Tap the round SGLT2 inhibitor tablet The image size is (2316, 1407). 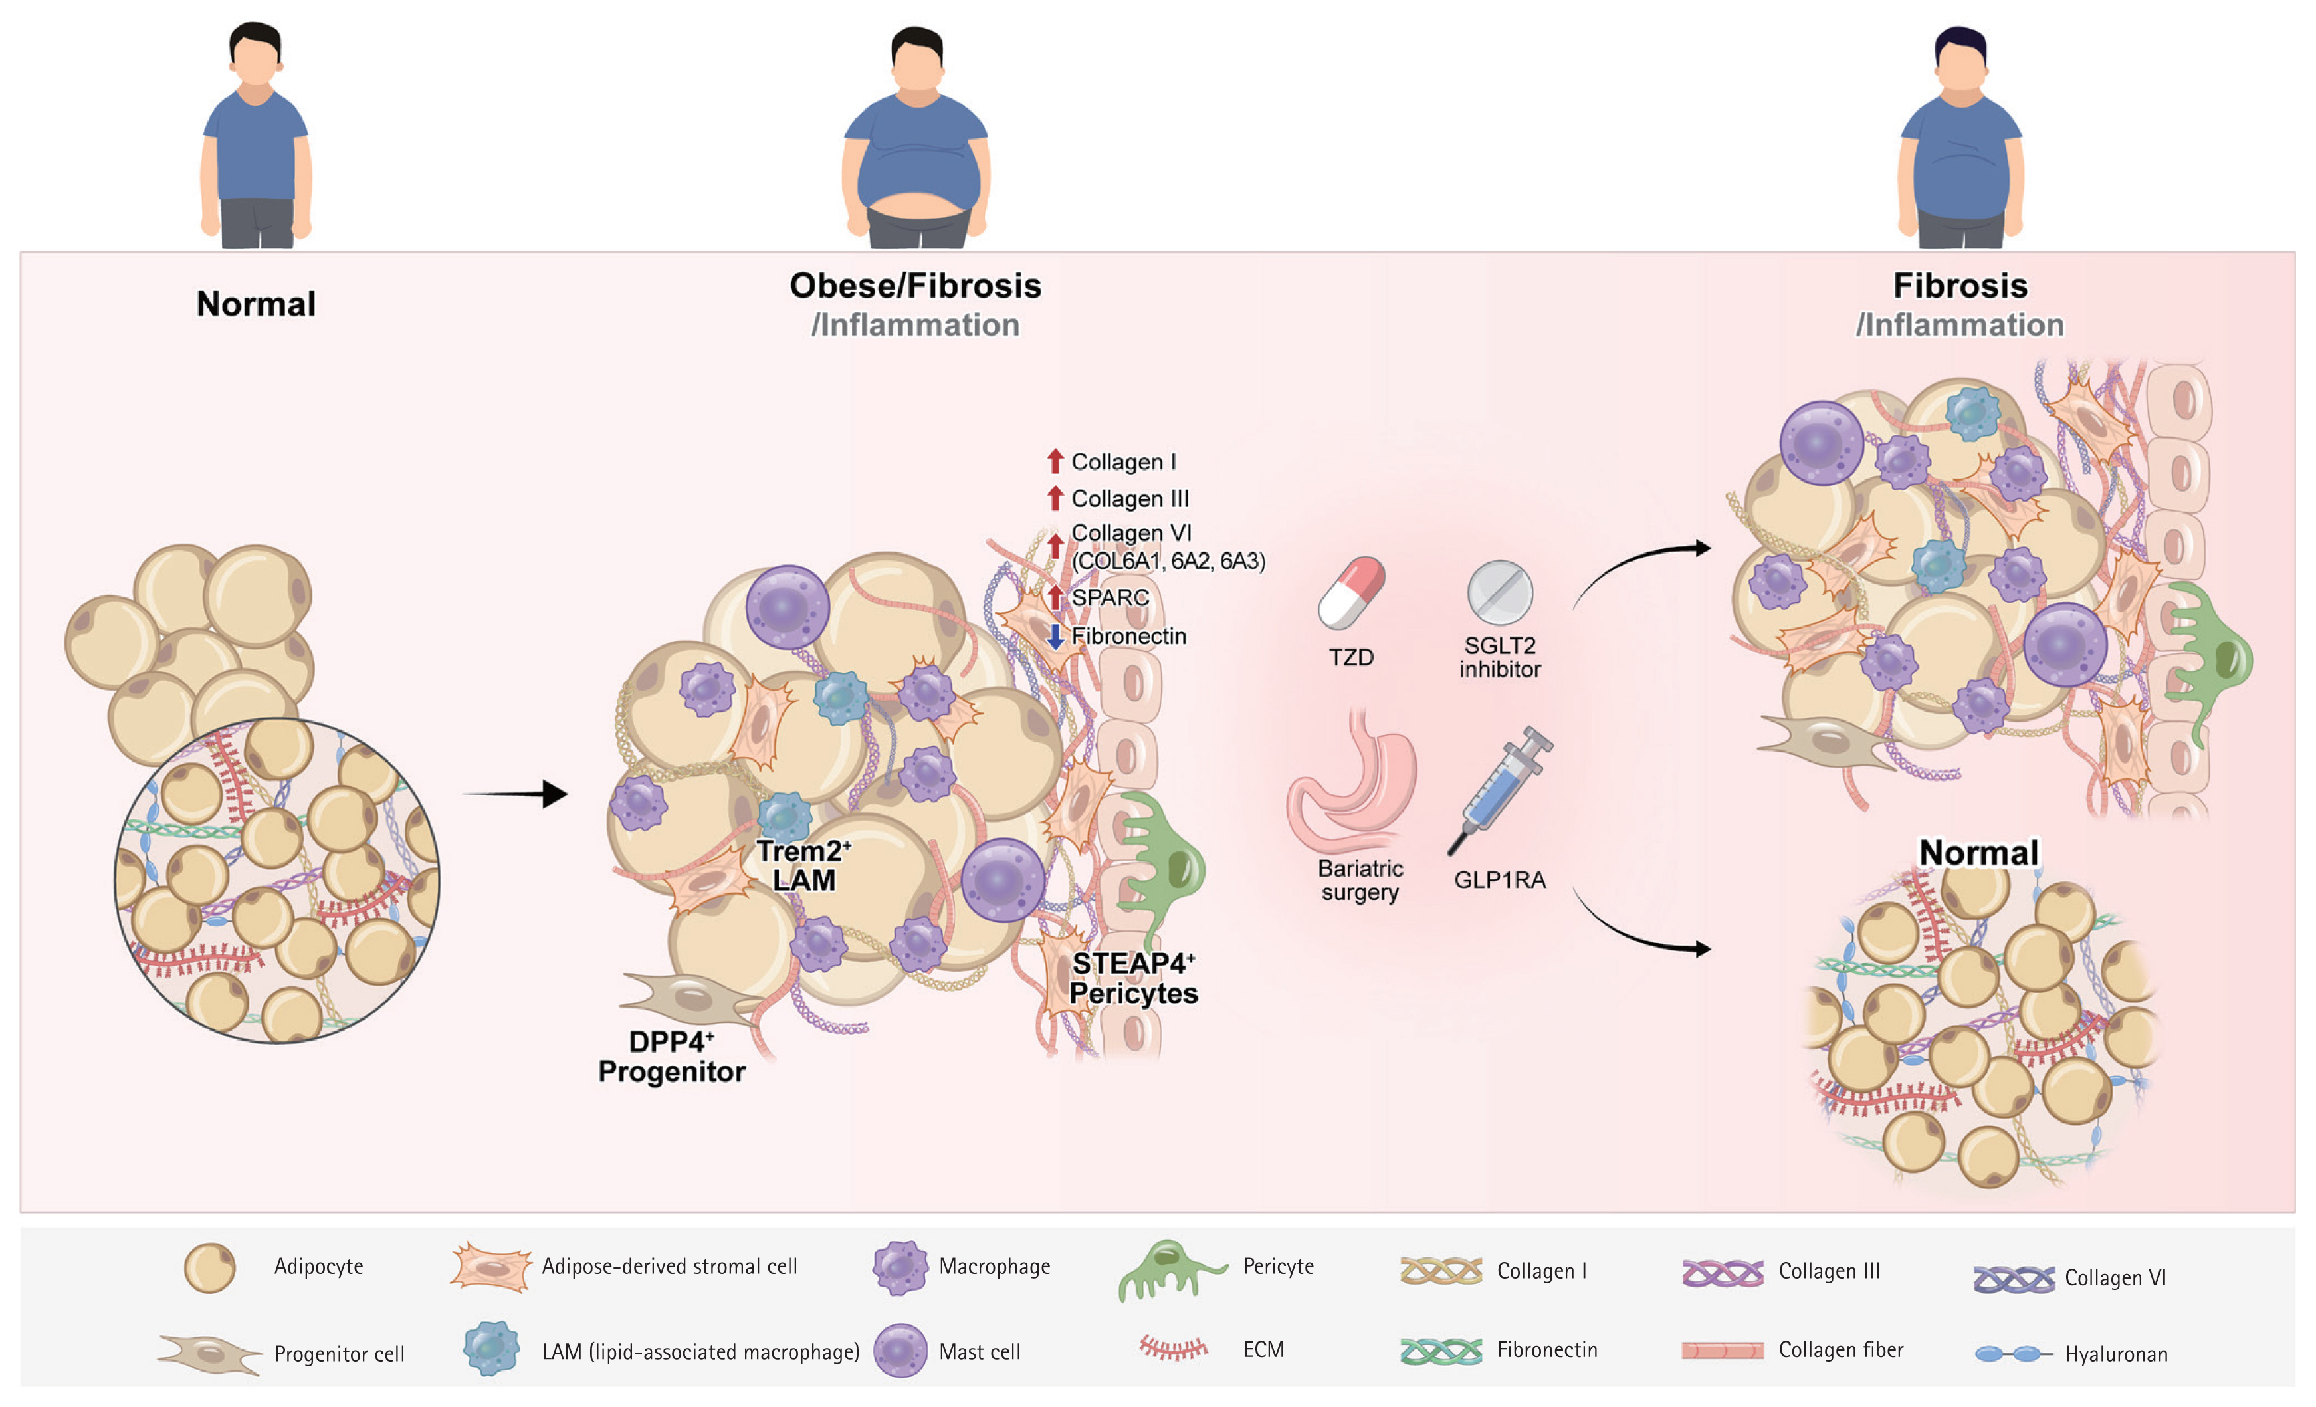click(x=1499, y=593)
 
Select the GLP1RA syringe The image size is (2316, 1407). click(x=1501, y=788)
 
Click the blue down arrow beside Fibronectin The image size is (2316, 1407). click(x=1055, y=636)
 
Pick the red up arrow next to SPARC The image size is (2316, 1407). click(x=1055, y=597)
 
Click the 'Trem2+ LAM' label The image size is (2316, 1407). click(x=803, y=865)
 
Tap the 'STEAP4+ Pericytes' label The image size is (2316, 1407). click(x=1134, y=978)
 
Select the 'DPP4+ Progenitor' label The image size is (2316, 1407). click(x=671, y=1057)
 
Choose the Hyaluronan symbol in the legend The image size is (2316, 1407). click(x=2012, y=1353)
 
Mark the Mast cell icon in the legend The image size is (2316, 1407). click(x=900, y=1351)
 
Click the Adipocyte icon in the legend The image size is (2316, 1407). click(x=209, y=1268)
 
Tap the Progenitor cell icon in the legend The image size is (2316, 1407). click(x=209, y=1353)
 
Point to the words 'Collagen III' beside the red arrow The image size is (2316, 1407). click(x=1130, y=499)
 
